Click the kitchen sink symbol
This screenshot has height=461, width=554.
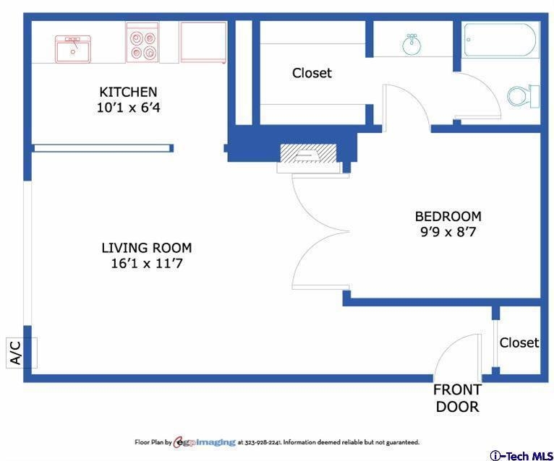tap(73, 49)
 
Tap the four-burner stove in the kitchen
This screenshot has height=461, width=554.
tap(142, 43)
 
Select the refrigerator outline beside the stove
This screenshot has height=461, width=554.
tap(203, 43)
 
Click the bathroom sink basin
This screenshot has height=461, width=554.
tap(412, 45)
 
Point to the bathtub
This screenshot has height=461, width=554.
tap(500, 40)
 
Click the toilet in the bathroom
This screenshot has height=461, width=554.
tap(523, 96)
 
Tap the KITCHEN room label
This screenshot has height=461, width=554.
tap(128, 92)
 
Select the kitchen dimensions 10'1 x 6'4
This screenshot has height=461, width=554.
tap(129, 108)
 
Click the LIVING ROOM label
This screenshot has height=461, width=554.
tap(147, 248)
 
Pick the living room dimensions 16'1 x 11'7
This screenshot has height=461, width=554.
tap(147, 263)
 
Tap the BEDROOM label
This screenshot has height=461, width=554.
tap(448, 216)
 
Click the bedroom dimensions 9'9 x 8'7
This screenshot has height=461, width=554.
tap(448, 232)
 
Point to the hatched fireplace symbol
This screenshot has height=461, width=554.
tap(308, 154)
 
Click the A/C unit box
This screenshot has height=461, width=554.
tap(22, 353)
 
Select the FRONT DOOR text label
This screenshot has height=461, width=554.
tap(458, 398)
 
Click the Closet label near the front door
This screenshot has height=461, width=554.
tap(519, 342)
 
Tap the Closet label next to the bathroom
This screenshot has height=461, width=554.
tap(312, 73)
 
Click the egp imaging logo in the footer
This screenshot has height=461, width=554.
tap(205, 442)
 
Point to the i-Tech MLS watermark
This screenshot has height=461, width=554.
tap(521, 455)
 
